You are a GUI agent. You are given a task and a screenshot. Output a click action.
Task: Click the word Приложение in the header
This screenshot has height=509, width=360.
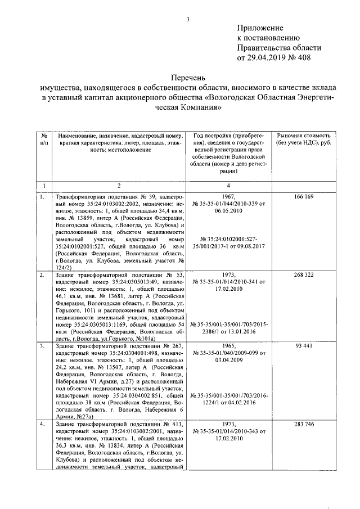click(259, 28)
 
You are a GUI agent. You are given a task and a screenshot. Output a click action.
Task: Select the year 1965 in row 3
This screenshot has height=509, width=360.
click(228, 345)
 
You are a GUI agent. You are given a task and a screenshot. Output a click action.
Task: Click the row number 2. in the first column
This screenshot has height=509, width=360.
click(43, 275)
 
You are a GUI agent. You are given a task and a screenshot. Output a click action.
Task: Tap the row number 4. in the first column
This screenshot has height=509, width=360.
click(43, 423)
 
